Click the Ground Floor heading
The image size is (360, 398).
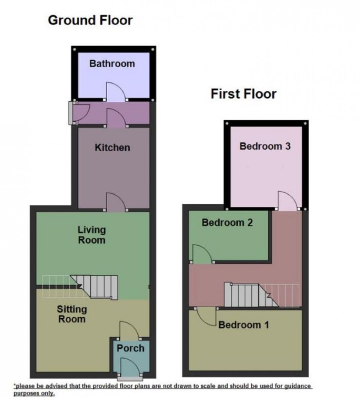tap(90, 20)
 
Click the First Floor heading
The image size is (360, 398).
tap(243, 94)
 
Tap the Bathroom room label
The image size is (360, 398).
tap(112, 64)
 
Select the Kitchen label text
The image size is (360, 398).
tap(112, 148)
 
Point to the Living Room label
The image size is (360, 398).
tap(91, 235)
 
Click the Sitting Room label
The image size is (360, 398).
tap(72, 314)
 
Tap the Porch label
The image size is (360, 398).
tap(130, 348)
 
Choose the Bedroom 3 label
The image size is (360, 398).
tap(265, 146)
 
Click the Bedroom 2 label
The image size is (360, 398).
tap(227, 222)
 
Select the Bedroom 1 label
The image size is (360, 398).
tap(244, 325)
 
